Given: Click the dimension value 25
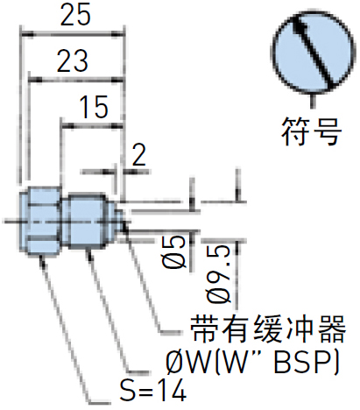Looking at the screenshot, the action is tap(75, 15).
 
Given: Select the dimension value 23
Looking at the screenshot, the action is tap(72, 60).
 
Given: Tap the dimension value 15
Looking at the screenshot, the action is tap(94, 107).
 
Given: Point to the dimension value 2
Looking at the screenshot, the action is tap(138, 155).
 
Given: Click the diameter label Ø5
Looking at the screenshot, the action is tap(174, 252).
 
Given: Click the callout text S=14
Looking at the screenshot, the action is tap(153, 391).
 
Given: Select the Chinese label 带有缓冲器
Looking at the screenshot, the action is tap(268, 329).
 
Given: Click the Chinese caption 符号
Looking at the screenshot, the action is tap(311, 131).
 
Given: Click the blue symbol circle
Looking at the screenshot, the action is tap(314, 52).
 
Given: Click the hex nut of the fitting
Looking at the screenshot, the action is tap(40, 220).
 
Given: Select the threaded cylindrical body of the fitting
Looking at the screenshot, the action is tap(87, 221).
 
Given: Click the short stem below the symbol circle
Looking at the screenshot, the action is tap(314, 101).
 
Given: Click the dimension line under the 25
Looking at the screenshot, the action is tap(73, 35).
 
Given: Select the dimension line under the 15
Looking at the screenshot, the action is tap(92, 126).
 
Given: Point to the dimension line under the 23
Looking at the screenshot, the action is tap(76, 80).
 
